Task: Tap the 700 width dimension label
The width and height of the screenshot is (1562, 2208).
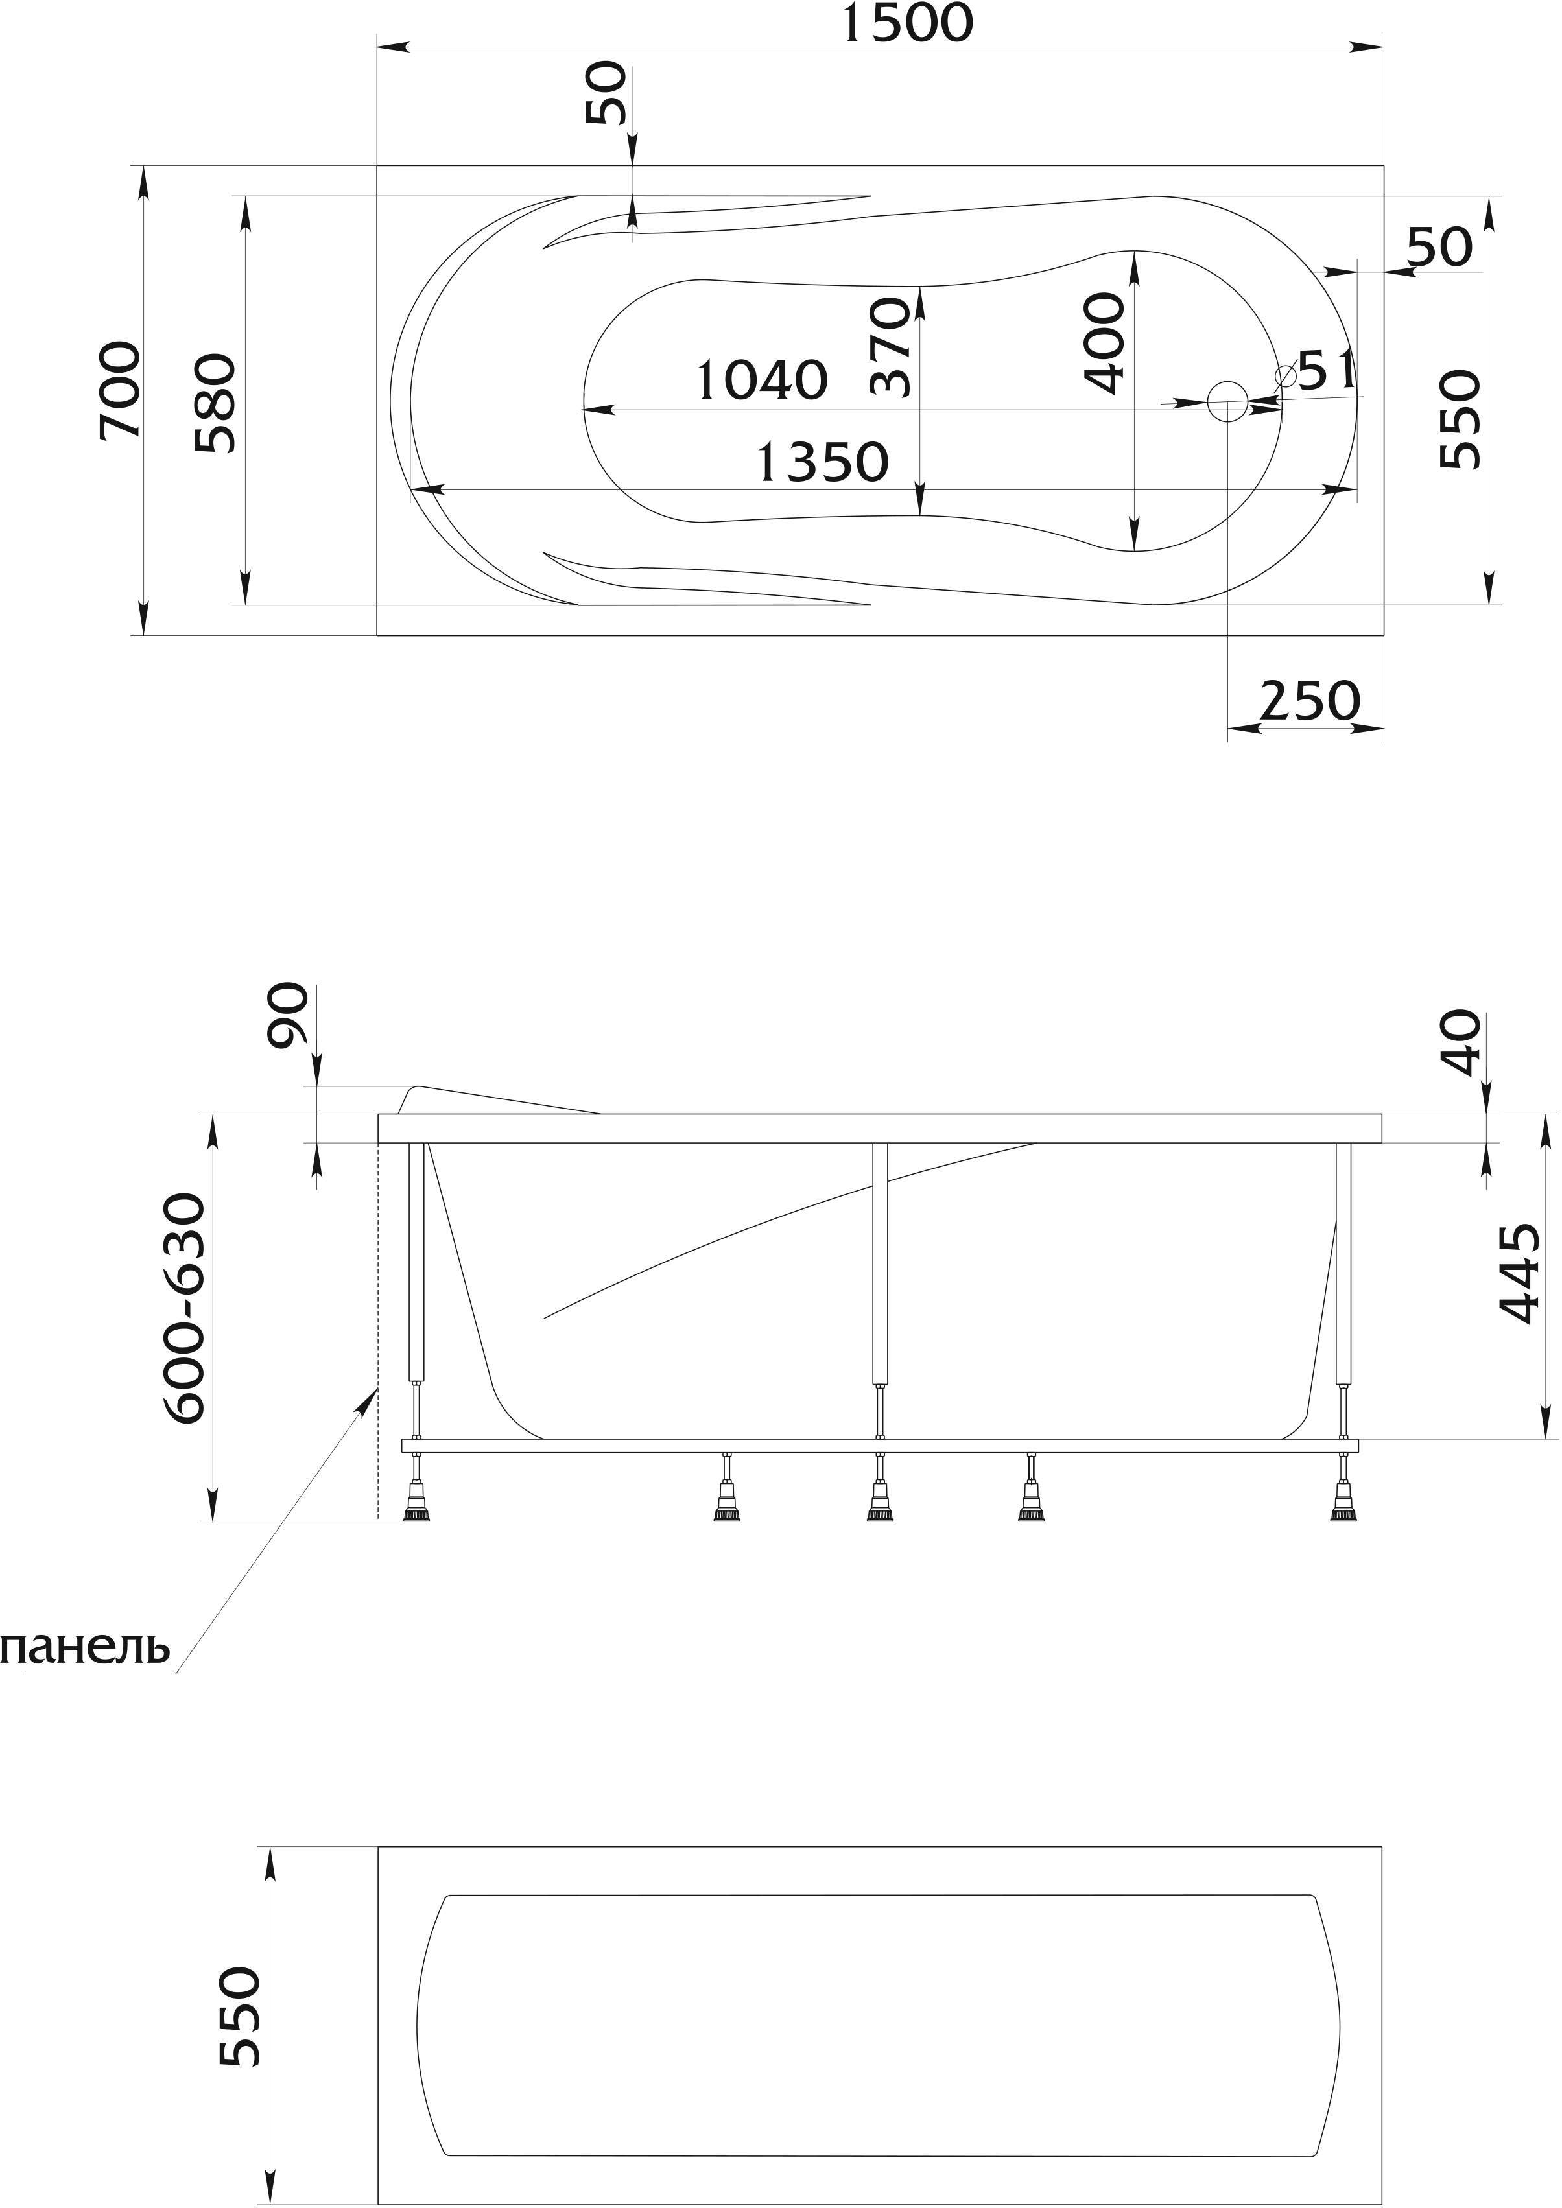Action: (121, 390)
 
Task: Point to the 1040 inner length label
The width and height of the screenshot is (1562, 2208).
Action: (761, 380)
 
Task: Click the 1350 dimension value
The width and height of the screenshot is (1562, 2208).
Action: (822, 463)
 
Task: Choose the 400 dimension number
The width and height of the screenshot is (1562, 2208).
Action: (1103, 344)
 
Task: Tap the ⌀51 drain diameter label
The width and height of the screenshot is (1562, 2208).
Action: (1315, 370)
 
